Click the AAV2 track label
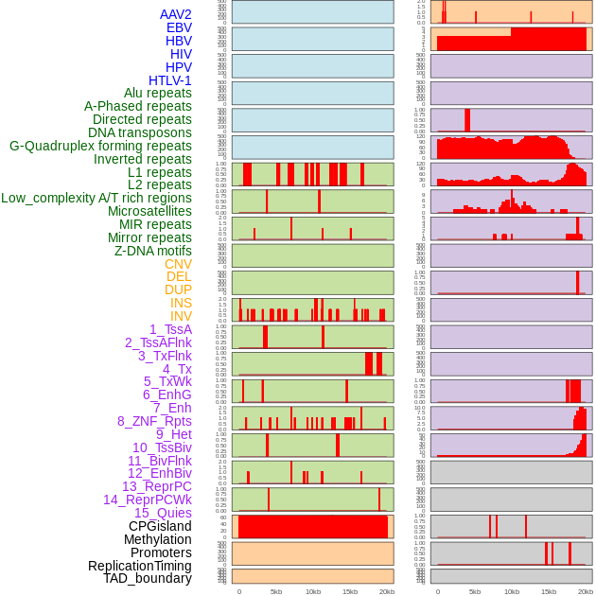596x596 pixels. click(176, 14)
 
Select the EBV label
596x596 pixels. click(179, 27)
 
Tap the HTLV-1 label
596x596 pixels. click(170, 80)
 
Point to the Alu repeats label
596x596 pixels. click(158, 93)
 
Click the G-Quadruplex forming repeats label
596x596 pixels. click(100, 146)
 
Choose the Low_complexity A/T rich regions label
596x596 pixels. click(96, 198)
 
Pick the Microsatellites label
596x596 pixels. click(149, 211)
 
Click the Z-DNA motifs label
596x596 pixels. click(153, 251)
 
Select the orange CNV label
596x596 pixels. click(178, 264)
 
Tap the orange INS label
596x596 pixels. click(181, 303)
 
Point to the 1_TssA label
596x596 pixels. click(170, 329)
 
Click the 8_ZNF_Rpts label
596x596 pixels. click(154, 421)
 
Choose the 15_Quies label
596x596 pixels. click(163, 513)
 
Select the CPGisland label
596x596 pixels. click(160, 526)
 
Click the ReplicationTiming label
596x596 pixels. click(139, 566)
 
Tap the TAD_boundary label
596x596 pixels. click(148, 578)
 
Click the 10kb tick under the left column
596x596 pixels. click(312, 591)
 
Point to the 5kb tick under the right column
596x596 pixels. click(474, 591)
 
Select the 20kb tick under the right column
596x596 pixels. click(586, 591)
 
